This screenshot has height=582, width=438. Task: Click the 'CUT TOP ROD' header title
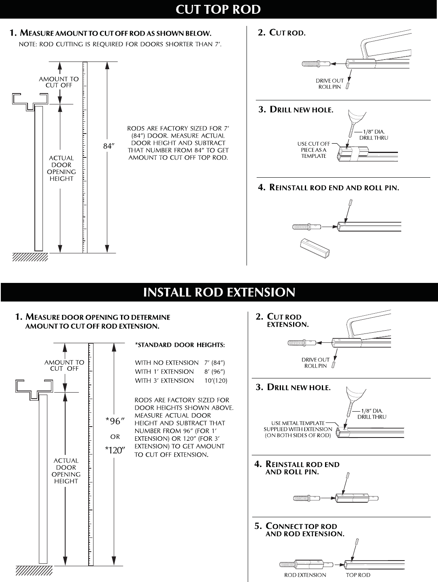point(219,9)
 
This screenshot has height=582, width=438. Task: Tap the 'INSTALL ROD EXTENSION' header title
point(219,292)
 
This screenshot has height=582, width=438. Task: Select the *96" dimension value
point(115,421)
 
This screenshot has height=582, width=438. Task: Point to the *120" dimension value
point(115,450)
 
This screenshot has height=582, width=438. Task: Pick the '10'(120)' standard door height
point(216,381)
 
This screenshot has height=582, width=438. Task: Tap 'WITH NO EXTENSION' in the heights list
point(167,363)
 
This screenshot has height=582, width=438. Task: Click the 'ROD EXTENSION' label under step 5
point(305,575)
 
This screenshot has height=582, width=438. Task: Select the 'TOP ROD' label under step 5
point(358,575)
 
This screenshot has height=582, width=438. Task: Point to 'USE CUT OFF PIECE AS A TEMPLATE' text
point(314,150)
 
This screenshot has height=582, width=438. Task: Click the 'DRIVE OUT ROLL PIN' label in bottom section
point(315,363)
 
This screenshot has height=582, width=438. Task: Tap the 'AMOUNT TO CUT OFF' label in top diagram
point(59,82)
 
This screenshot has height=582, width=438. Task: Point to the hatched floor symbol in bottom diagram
point(34,570)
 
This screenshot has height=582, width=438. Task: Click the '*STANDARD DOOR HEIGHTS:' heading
point(180,345)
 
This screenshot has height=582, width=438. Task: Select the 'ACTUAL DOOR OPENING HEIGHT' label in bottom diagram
point(66,471)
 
